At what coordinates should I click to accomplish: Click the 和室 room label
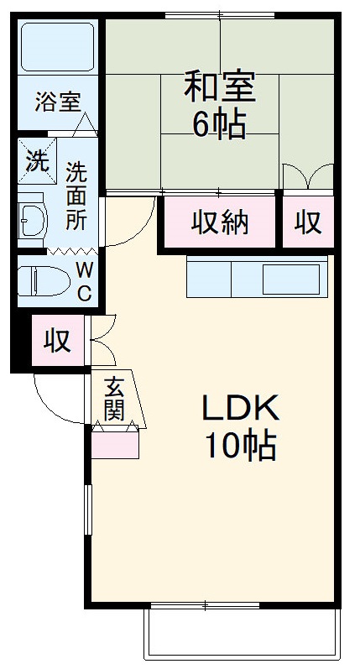[219, 86]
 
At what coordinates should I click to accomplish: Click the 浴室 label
[57, 102]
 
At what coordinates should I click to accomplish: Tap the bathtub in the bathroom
[57, 49]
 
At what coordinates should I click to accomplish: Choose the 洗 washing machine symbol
[36, 159]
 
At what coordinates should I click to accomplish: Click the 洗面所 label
[77, 195]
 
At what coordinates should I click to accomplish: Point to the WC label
[85, 281]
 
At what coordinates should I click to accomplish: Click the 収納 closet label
[219, 222]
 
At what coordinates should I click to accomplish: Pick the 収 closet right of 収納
[307, 222]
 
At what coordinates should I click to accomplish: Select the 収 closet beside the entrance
[57, 342]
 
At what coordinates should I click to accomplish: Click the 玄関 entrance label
[115, 398]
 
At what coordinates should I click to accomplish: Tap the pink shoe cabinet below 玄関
[115, 443]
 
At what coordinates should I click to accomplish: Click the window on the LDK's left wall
[87, 512]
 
